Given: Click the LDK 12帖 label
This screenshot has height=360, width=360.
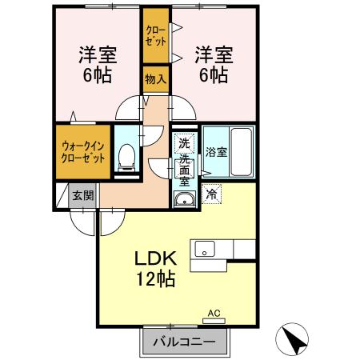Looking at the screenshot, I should pos(157,270).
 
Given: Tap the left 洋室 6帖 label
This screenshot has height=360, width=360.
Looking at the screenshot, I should pos(96,66).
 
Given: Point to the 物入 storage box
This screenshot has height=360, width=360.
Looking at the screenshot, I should pos(155,80).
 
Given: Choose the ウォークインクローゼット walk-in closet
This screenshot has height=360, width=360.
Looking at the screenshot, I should pos(82,152).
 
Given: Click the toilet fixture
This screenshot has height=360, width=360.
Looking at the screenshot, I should pos(126,158).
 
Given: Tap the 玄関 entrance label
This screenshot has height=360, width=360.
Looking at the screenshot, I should pos(82,195).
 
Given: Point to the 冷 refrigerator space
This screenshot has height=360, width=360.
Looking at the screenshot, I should pos(212,193).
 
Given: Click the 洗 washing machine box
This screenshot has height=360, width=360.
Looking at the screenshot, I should pos(185,144).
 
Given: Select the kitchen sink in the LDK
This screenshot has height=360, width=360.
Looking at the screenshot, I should pos(204,250).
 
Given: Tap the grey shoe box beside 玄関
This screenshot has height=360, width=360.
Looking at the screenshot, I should pos(62,195).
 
